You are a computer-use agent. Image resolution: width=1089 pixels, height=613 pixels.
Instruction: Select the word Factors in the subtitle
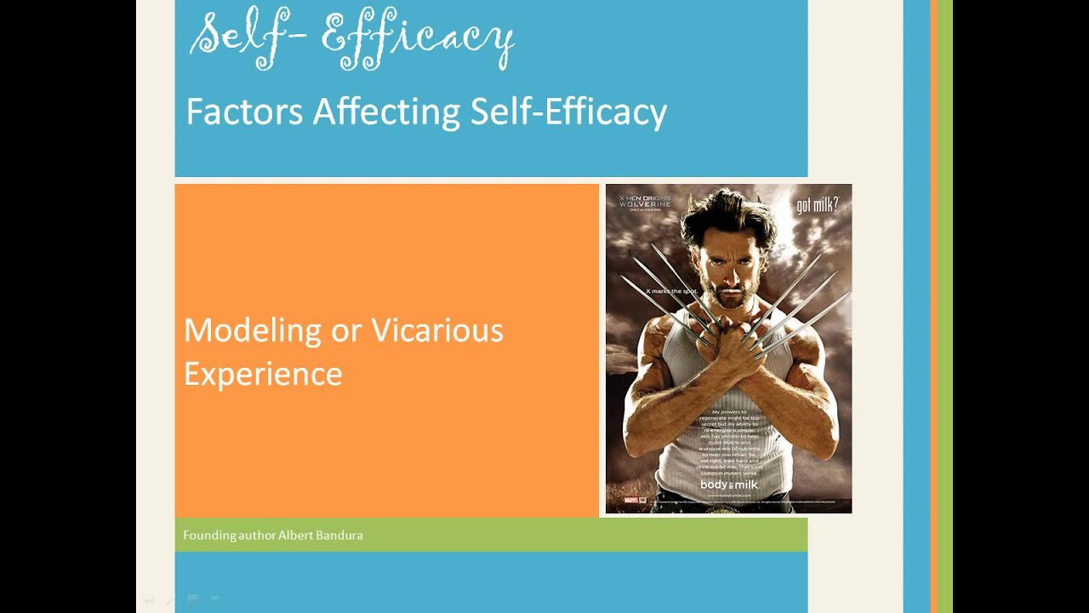(x=244, y=112)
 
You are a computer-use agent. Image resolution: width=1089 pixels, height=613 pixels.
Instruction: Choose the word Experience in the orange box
(x=263, y=374)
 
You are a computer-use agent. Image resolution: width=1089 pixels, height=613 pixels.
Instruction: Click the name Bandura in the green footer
(x=339, y=536)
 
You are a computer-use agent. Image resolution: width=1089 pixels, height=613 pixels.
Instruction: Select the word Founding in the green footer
(x=206, y=536)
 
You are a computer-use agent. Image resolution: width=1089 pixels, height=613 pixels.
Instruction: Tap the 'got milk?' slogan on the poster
(x=817, y=205)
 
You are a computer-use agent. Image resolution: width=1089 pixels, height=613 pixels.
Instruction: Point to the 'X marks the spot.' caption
(x=671, y=291)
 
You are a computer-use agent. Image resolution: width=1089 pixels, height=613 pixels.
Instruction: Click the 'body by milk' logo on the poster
(x=728, y=485)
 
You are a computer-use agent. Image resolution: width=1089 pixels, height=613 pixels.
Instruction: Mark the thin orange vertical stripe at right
(x=933, y=306)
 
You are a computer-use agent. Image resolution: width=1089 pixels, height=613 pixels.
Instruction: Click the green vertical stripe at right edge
(x=944, y=306)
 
